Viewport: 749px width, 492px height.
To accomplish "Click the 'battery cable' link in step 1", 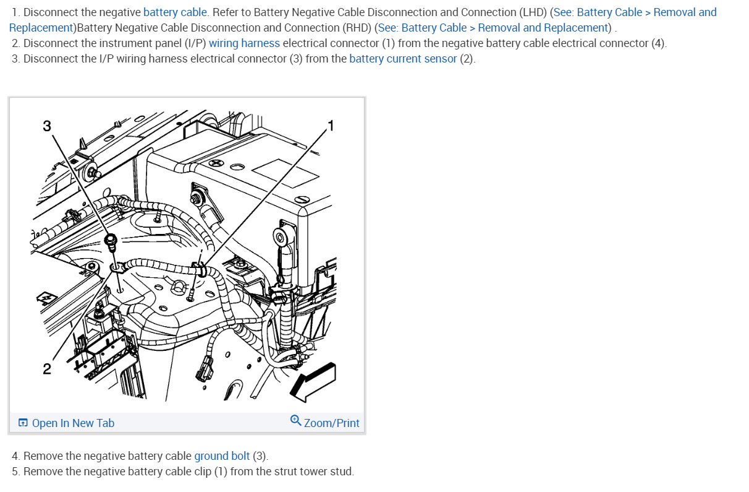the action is coord(176,12).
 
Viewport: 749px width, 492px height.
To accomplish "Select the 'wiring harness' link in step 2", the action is coord(244,43).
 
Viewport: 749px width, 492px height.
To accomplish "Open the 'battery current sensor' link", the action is coord(403,59).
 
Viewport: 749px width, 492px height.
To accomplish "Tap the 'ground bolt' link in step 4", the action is coord(222,456).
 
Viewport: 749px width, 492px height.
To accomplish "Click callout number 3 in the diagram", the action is coord(47,126).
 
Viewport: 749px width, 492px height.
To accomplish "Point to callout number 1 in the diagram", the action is coord(331,126).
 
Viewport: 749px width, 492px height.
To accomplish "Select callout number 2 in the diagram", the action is coord(47,369).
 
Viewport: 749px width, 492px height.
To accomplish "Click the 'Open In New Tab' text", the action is coord(73,423).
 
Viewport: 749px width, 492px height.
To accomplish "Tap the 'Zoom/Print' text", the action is coord(331,423).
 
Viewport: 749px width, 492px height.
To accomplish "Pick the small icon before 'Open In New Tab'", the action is coord(23,423).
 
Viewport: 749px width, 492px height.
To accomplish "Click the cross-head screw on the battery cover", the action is coord(216,163).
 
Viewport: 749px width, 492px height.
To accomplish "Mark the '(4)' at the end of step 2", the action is coord(658,43).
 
